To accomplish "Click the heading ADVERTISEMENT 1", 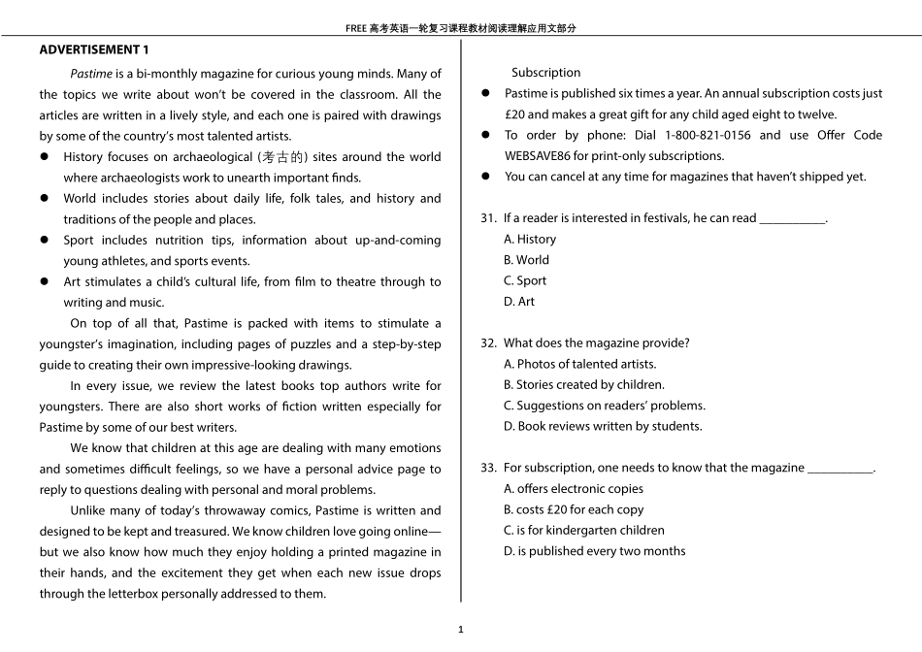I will (94, 49).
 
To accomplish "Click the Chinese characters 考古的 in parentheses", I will (282, 157).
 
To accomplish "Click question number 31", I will (488, 218).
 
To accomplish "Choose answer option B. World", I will (526, 260).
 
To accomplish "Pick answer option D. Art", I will (519, 302).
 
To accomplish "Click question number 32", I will (488, 343).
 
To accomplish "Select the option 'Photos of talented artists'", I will (579, 364).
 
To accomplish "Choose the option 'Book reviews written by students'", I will (603, 426).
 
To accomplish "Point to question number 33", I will (488, 468).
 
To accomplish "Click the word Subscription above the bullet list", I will (545, 73).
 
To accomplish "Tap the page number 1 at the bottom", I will (461, 629).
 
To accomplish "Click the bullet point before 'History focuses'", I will (45, 157).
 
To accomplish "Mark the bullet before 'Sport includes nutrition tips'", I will (45, 241).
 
